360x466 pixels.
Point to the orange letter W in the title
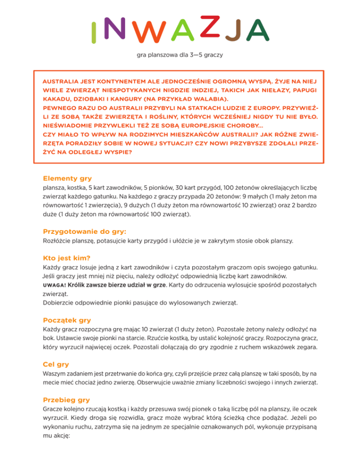(140, 32)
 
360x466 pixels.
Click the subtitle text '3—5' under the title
(192, 55)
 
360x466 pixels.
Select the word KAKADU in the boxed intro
(55, 99)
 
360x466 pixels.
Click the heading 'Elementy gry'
(67, 178)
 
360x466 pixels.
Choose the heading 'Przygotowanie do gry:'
(84, 232)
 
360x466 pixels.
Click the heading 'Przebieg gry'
(67, 399)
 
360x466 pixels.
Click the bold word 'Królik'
(78, 285)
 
